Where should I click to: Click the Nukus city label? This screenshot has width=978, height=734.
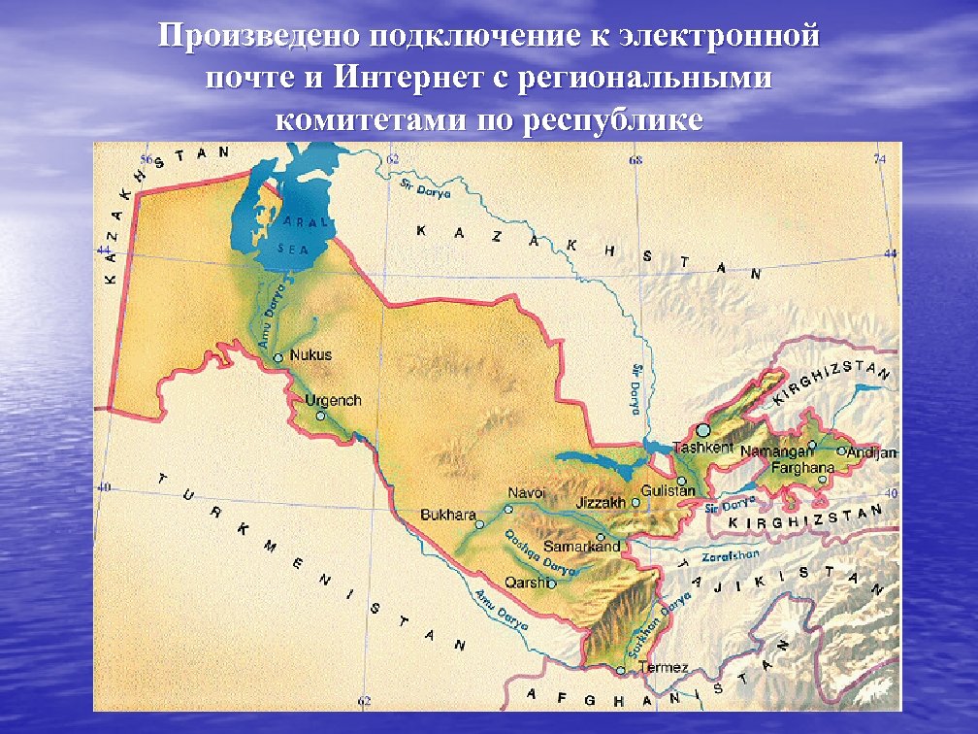point(310,354)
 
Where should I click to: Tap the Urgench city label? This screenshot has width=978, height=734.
point(333,400)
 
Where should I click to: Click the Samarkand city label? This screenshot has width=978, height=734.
point(581,547)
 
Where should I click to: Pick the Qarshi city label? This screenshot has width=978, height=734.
point(526,583)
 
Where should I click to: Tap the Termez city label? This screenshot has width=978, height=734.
point(664,667)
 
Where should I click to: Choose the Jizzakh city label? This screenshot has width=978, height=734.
point(600,503)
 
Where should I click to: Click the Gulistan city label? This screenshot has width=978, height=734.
point(668,491)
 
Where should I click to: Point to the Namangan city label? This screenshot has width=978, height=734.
point(772,451)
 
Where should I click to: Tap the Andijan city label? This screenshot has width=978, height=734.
point(872,452)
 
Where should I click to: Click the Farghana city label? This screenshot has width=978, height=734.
point(802,468)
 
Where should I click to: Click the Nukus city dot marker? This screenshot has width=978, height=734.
point(278,357)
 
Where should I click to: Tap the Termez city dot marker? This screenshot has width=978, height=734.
point(621,670)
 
